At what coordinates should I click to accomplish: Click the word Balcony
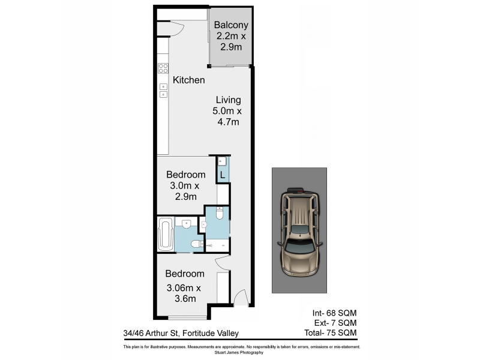pos(231,25)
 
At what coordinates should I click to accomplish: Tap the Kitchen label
pos(188,80)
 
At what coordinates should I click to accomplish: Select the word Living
pos(229,100)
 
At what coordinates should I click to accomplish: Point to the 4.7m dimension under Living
pos(229,122)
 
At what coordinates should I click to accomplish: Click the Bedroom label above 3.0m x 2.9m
pos(186,175)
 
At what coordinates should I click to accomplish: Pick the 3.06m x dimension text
pos(184,288)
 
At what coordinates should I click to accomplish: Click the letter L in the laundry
pos(223,175)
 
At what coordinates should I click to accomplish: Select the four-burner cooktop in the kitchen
pos(163,68)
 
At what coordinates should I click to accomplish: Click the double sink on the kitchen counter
pos(163,91)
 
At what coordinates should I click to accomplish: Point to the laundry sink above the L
pos(222,161)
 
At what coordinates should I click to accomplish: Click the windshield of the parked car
pos(300,247)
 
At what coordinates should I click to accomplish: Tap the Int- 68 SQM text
pos(335,313)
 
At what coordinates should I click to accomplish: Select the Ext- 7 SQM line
pos(335,323)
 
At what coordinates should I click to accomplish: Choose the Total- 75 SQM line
pos(331,333)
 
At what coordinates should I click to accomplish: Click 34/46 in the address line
pos(133,333)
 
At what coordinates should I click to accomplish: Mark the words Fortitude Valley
pos(211,334)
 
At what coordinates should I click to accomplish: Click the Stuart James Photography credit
pos(239,353)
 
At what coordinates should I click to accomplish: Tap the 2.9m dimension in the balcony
pos(231,47)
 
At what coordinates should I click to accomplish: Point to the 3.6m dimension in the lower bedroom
pos(185,299)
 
